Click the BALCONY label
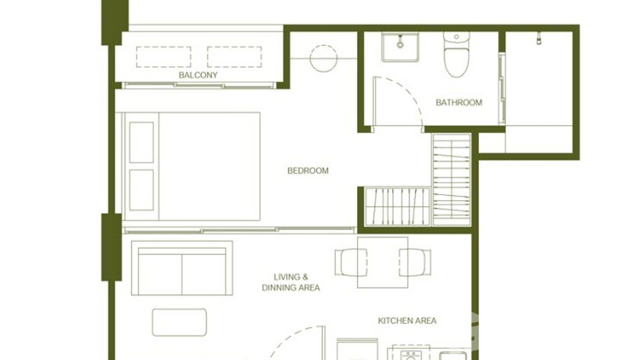click(x=198, y=75)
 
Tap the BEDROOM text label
click(x=308, y=170)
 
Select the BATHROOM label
click(x=459, y=102)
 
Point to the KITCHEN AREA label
click(x=407, y=320)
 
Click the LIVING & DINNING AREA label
click(x=291, y=282)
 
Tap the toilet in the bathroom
click(x=456, y=55)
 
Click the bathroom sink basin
click(x=400, y=46)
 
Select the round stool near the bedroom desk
click(x=323, y=58)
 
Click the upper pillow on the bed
click(x=141, y=142)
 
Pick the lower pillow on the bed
click(x=141, y=190)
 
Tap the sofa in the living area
click(x=182, y=268)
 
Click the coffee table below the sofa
click(x=180, y=322)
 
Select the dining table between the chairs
click(x=383, y=262)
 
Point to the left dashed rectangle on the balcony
click(x=163, y=57)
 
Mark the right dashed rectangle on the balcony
click(x=234, y=57)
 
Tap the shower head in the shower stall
click(x=539, y=38)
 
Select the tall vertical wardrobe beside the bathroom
click(x=451, y=180)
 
